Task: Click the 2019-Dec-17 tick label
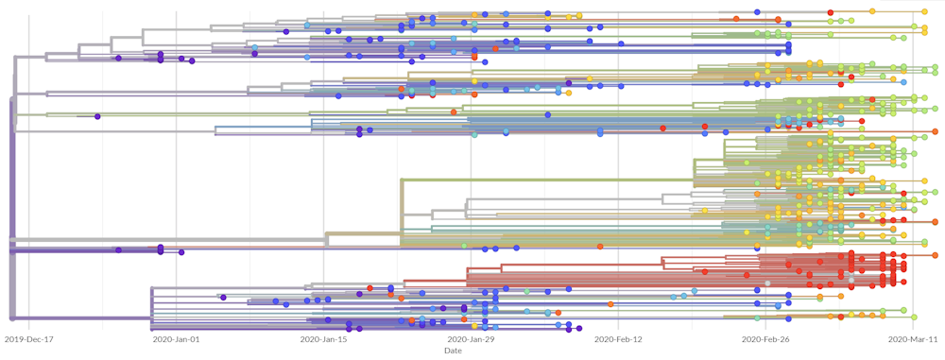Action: pyautogui.click(x=29, y=338)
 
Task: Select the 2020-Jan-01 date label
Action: pyautogui.click(x=177, y=338)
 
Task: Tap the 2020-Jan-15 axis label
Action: pyautogui.click(x=324, y=338)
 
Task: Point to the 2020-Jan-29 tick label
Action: pyautogui.click(x=471, y=338)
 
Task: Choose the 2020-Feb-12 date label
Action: pyautogui.click(x=618, y=338)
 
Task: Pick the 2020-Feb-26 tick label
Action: pyautogui.click(x=765, y=338)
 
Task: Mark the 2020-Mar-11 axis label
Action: pyautogui.click(x=912, y=338)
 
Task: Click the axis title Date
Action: pyautogui.click(x=454, y=351)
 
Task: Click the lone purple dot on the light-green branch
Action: pyautogui.click(x=97, y=116)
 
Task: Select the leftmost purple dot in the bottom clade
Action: pyautogui.click(x=223, y=297)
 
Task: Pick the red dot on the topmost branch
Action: pyautogui.click(x=831, y=11)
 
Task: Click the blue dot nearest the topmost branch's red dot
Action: pyautogui.click(x=757, y=11)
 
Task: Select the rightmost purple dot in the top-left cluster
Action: pyautogui.click(x=192, y=60)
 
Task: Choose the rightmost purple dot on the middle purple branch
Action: pyautogui.click(x=181, y=252)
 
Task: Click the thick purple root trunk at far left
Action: pyautogui.click(x=11, y=189)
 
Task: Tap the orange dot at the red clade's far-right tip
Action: pyautogui.click(x=935, y=255)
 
